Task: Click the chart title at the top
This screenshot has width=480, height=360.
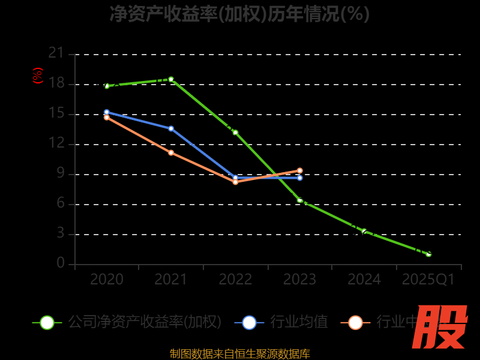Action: coord(239,14)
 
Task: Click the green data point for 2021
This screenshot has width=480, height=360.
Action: coord(171,79)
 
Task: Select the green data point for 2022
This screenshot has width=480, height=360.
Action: coord(235,132)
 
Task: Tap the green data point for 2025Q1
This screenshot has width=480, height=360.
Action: coord(428,254)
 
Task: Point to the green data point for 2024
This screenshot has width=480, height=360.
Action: coord(364,231)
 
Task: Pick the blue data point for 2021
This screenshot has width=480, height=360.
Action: coord(171,128)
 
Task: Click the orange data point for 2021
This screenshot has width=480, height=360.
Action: coord(171,152)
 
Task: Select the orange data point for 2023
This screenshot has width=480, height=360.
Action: coord(299,170)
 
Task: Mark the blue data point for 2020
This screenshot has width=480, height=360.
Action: coord(107,112)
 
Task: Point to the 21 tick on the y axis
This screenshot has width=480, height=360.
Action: coord(56,53)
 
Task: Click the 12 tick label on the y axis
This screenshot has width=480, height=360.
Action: coord(56,143)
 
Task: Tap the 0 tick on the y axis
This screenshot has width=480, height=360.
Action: coord(61,263)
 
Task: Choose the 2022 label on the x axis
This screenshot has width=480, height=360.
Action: coord(235,280)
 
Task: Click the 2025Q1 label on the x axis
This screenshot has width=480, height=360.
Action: coord(428,280)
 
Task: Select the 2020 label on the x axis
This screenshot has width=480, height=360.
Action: coord(107,280)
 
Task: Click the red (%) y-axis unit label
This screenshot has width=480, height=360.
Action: coord(37,76)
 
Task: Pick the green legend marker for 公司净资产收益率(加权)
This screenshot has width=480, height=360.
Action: coord(47,322)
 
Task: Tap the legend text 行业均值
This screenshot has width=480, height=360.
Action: coord(299,322)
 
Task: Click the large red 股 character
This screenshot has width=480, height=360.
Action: coord(440,327)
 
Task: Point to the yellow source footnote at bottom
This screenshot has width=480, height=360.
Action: coord(239,354)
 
